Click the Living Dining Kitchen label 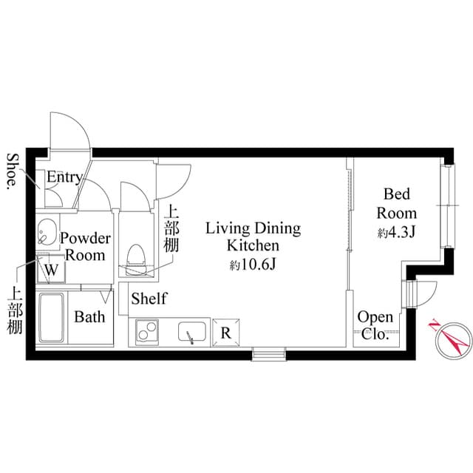(253, 236)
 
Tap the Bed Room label (396, 203)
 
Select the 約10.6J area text (253, 265)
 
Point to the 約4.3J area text (398, 233)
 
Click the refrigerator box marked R (225, 332)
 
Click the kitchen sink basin (193, 333)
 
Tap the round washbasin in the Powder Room (47, 231)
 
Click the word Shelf (149, 299)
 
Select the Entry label (64, 177)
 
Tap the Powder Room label (85, 247)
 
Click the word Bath (89, 317)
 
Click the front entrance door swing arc (70, 133)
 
